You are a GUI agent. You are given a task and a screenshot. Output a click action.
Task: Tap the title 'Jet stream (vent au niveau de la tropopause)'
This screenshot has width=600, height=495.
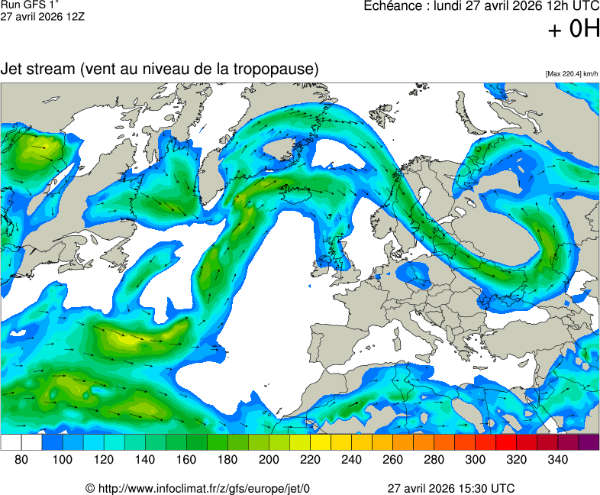pos(160,69)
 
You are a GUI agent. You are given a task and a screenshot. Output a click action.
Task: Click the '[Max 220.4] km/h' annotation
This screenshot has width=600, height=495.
pos(572,74)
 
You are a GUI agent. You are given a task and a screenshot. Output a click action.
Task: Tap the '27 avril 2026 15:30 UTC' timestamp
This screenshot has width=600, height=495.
pos(450,488)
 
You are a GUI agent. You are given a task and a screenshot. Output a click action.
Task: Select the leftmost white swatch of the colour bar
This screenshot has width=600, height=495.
pos(11,442)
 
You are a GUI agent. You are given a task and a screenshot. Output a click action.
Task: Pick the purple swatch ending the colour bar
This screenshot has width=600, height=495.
pos(589,442)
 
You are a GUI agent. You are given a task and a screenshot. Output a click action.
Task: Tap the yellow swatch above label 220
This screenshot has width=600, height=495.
pos(320,442)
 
